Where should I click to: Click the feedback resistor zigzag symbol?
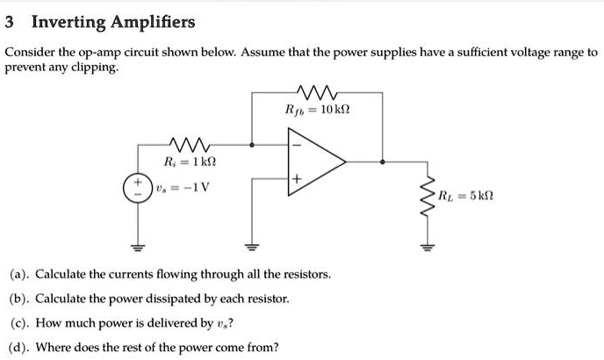(317, 90)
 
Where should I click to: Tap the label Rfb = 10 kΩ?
(318, 110)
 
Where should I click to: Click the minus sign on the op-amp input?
(297, 145)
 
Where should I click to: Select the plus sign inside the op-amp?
(297, 179)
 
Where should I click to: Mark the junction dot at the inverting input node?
(253, 145)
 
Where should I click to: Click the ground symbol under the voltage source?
(135, 246)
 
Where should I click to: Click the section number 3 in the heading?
(11, 21)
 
